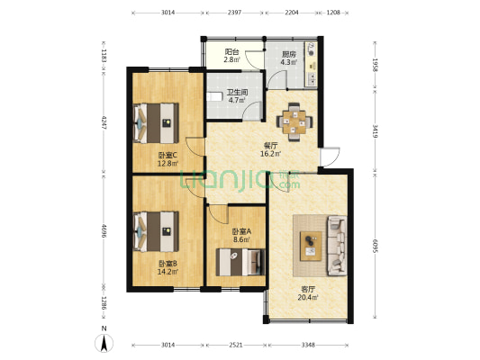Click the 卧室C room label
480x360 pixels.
coord(168,154)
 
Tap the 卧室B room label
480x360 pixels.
coord(168,262)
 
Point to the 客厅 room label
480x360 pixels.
coord(308,288)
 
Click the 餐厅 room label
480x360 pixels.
coord(269,144)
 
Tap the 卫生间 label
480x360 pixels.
coord(237,92)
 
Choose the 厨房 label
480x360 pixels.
coord(289,53)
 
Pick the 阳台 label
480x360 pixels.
coord(231,52)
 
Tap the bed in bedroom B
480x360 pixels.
coord(157,229)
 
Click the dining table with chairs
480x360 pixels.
coord(294,118)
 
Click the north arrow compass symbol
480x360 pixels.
coord(104,342)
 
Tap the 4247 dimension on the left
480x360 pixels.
coord(105,122)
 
